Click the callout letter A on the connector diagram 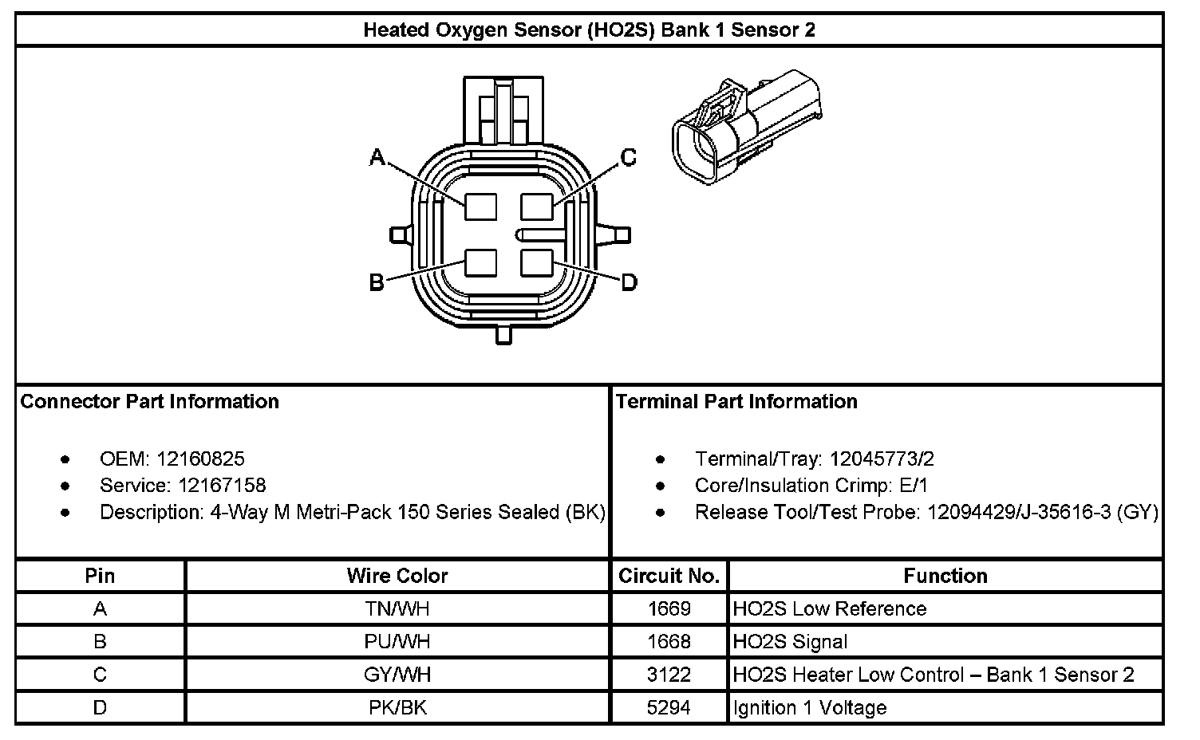(x=377, y=158)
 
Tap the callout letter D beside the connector (x=629, y=282)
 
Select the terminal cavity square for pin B (x=480, y=263)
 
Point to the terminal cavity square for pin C (x=537, y=207)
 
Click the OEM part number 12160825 (x=201, y=459)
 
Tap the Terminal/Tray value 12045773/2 (x=882, y=459)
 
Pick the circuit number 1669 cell (x=669, y=609)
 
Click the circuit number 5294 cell (x=669, y=707)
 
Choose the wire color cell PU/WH (x=397, y=642)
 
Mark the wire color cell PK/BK (x=397, y=707)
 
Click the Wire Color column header (x=397, y=576)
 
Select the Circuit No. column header (x=669, y=576)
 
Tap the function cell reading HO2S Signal (x=790, y=642)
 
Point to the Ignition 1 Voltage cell (x=810, y=707)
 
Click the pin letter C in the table (x=100, y=675)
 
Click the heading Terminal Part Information (x=736, y=401)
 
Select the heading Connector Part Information (x=150, y=401)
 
